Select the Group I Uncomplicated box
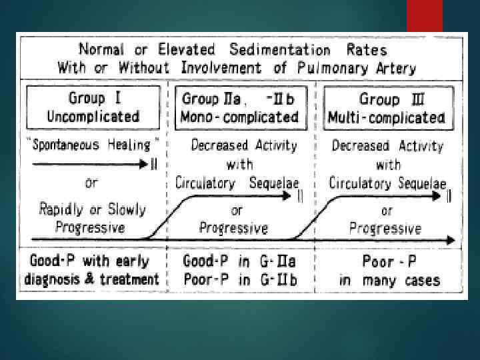pyautogui.click(x=93, y=107)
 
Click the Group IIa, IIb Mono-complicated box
pyautogui.click(x=240, y=107)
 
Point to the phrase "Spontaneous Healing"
pyautogui.click(x=92, y=145)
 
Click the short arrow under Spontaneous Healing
pyautogui.click(x=91, y=164)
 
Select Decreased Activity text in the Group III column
pyautogui.click(x=387, y=145)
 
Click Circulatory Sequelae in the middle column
pyautogui.click(x=237, y=182)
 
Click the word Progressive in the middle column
pyautogui.click(x=233, y=228)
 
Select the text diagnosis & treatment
pyautogui.click(x=92, y=279)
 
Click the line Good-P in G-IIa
pyautogui.click(x=239, y=261)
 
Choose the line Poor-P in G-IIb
pyautogui.click(x=239, y=279)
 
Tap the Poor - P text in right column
pyautogui.click(x=389, y=261)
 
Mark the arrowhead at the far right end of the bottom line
pyautogui.click(x=453, y=239)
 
